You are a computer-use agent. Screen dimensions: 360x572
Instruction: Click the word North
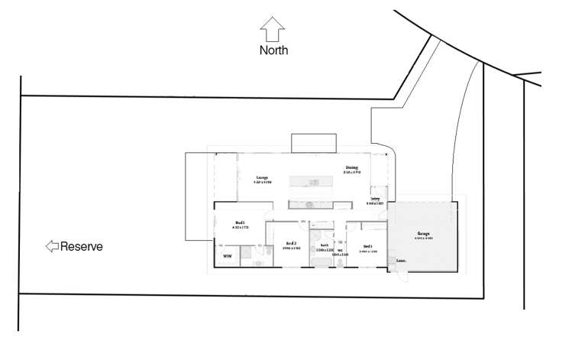point(273,51)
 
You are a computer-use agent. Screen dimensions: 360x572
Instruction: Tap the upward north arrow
point(273,30)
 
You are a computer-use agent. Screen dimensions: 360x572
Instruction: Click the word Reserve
point(81,247)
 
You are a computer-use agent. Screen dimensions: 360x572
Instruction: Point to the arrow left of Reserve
point(51,246)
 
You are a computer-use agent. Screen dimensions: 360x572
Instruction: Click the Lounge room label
point(261,177)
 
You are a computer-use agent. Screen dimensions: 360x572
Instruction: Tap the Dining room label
point(351,167)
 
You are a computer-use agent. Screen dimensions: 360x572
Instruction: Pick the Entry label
point(375,198)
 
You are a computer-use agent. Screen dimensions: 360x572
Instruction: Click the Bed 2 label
point(291,242)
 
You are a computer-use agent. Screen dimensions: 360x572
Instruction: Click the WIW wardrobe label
point(227,257)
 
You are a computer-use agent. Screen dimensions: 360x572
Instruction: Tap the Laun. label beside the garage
point(400,261)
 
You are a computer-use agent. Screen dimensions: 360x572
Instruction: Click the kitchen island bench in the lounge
point(309,180)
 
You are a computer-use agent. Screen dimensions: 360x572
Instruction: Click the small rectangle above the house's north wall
point(313,142)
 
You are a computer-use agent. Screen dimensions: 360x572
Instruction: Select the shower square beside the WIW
point(250,256)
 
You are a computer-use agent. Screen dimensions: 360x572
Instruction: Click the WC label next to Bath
point(340,249)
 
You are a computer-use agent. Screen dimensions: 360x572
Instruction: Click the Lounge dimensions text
point(261,183)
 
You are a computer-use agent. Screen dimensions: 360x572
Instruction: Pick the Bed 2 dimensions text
point(291,248)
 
